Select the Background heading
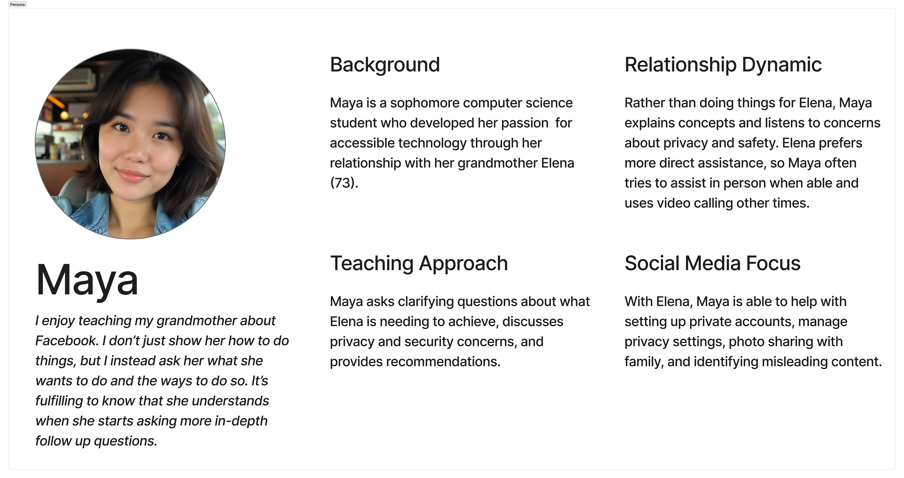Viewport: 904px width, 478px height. [385, 65]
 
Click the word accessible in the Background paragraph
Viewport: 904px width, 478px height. [359, 143]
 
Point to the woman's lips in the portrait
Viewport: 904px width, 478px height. [132, 174]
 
